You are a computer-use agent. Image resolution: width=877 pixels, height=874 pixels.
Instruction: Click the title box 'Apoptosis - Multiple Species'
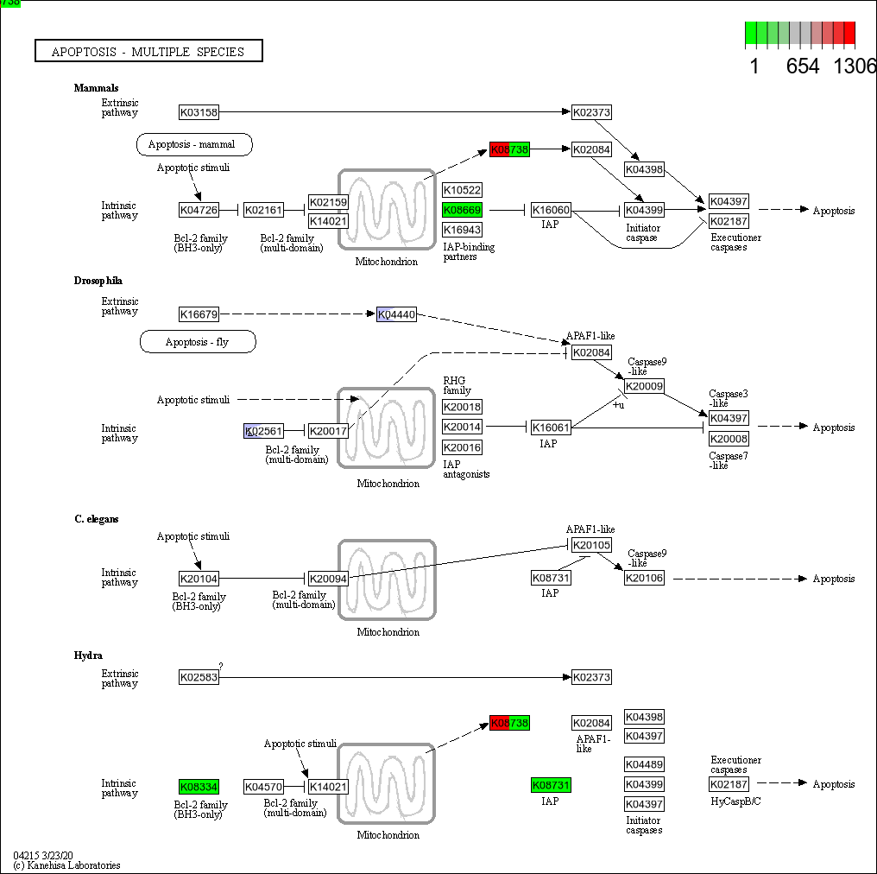pyautogui.click(x=148, y=52)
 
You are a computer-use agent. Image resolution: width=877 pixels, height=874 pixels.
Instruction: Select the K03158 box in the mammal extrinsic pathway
pyautogui.click(x=199, y=112)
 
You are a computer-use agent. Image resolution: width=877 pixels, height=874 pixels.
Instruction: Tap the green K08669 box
pyautogui.click(x=462, y=210)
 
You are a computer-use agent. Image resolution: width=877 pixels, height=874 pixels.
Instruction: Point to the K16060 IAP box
pyautogui.click(x=551, y=210)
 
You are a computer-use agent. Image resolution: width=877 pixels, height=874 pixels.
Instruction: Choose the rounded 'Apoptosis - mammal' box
pyautogui.click(x=194, y=144)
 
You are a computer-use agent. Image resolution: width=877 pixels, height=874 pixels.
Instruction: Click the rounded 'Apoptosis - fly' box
pyautogui.click(x=198, y=342)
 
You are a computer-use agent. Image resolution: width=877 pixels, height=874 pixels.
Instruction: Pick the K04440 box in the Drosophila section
pyautogui.click(x=396, y=314)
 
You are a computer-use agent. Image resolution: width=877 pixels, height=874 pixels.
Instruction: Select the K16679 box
pyautogui.click(x=199, y=314)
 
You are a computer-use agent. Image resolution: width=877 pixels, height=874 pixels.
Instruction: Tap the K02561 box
pyautogui.click(x=263, y=431)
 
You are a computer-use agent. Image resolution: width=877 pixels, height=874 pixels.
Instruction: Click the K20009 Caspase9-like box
pyautogui.click(x=644, y=386)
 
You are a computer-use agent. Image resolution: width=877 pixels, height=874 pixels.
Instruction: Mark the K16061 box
pyautogui.click(x=551, y=427)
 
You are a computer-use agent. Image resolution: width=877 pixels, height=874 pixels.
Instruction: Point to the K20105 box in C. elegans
pyautogui.click(x=591, y=545)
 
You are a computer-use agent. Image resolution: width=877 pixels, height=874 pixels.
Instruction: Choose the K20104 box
pyautogui.click(x=199, y=579)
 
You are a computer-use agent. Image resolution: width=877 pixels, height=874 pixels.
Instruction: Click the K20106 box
pyautogui.click(x=644, y=579)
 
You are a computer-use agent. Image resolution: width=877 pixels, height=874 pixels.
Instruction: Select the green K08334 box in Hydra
pyautogui.click(x=199, y=787)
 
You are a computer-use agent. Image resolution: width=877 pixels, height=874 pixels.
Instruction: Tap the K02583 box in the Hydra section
pyautogui.click(x=199, y=678)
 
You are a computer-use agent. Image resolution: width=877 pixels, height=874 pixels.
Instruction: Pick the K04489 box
pyautogui.click(x=644, y=764)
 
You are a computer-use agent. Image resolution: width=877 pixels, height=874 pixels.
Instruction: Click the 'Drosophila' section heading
pyautogui.click(x=98, y=281)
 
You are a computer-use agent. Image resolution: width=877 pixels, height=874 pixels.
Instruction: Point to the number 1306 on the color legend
pyautogui.click(x=855, y=66)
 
